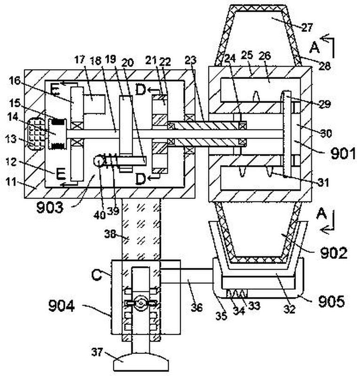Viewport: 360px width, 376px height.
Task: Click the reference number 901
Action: tap(343, 153)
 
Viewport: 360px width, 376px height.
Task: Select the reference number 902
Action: tap(334, 253)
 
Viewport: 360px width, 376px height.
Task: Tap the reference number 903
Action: tap(50, 208)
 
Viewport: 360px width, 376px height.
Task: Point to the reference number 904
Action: tap(61, 306)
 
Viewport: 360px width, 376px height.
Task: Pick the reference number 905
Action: tap(331, 302)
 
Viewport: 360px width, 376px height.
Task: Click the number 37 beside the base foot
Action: tap(97, 352)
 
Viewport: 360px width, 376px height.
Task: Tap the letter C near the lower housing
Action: tap(96, 275)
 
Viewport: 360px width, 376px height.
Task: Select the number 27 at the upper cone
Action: tap(307, 28)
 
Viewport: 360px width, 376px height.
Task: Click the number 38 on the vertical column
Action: tap(110, 234)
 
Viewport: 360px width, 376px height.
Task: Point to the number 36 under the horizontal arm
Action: tap(196, 307)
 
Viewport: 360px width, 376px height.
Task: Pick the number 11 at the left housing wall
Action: tap(11, 182)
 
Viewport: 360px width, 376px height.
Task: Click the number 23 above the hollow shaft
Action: tap(191, 60)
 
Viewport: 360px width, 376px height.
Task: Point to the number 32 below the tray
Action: tap(289, 310)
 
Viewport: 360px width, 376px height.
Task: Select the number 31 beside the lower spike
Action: tap(324, 183)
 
